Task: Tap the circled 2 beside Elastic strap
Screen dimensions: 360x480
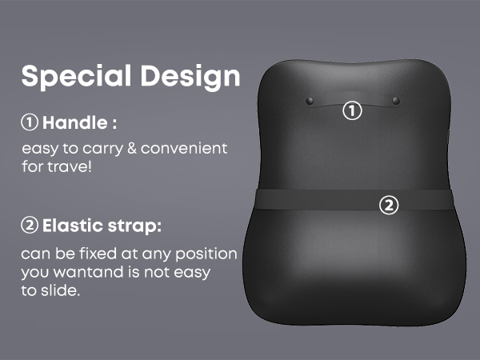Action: coord(30,226)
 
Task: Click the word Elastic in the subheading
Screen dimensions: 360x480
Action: coord(74,226)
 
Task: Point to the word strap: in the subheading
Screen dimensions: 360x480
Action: coord(137,226)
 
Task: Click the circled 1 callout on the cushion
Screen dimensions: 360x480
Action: coord(353,110)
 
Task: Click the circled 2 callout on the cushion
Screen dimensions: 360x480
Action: coord(388,206)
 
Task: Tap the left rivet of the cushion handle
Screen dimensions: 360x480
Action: coord(310,100)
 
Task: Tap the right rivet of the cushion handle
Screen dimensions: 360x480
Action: coord(396,100)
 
